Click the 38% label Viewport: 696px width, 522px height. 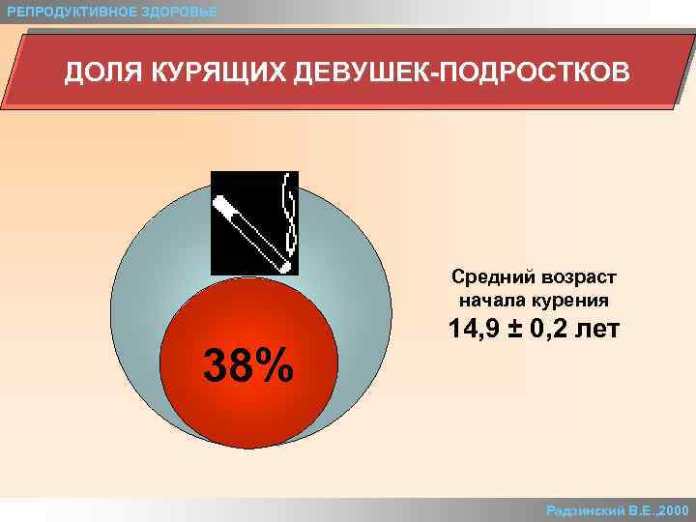[x=247, y=365]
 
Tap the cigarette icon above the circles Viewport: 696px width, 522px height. [x=254, y=222]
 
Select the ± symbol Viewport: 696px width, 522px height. [x=512, y=331]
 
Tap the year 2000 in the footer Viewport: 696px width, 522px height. [x=672, y=509]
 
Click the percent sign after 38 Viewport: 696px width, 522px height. [x=276, y=365]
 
